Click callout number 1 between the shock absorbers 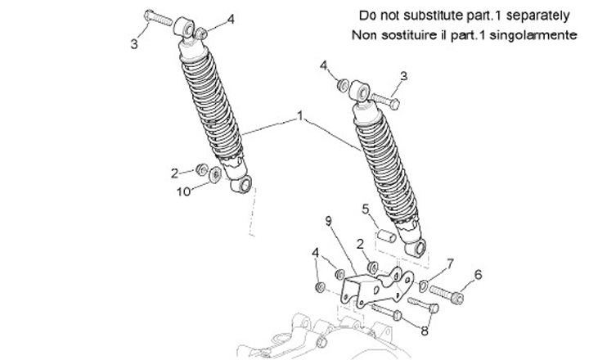(300, 119)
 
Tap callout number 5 (367, 209)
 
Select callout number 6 (479, 275)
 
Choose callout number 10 (184, 191)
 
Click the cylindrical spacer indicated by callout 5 (384, 236)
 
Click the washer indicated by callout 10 (215, 173)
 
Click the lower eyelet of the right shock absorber (420, 248)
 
